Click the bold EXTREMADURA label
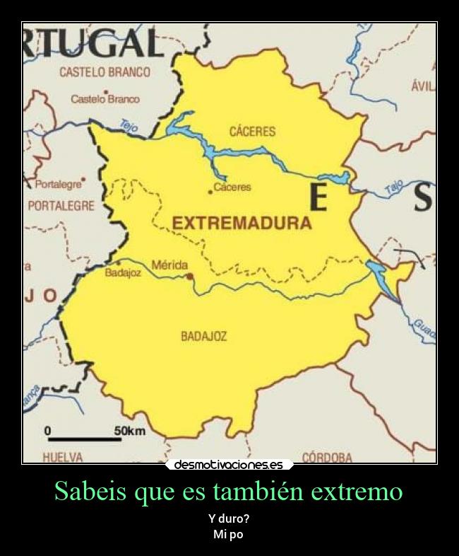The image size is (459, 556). click(242, 224)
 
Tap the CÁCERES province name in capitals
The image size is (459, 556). click(252, 132)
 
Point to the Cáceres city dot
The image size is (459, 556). click(210, 192)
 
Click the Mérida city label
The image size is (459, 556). click(169, 265)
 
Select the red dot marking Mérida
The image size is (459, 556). click(189, 277)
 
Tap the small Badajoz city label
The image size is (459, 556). click(123, 273)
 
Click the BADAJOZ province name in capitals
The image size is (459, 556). click(204, 337)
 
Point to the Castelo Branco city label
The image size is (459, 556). click(105, 100)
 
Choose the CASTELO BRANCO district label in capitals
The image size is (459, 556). click(105, 72)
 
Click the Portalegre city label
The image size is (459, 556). click(58, 184)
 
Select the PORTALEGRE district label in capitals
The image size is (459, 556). click(61, 207)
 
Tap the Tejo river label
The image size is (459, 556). click(129, 126)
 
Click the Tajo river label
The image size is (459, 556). click(393, 187)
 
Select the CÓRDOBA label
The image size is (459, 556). click(327, 458)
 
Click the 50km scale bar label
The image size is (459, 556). click(130, 431)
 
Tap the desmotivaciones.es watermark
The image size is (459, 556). click(229, 465)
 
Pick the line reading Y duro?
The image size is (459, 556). click(229, 519)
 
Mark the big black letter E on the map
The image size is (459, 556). click(318, 197)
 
